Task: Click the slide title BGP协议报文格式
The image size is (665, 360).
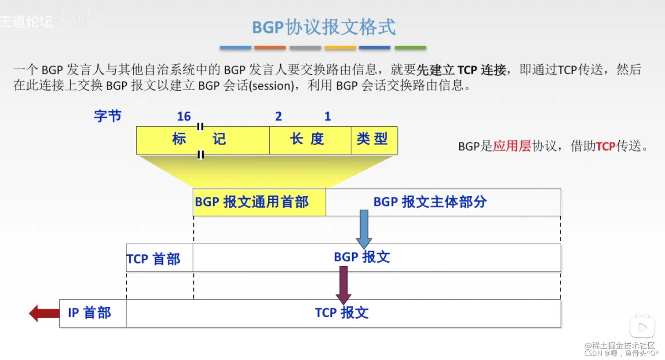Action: [x=324, y=27]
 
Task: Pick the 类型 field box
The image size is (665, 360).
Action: [x=373, y=140]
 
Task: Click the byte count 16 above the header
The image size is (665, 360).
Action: [x=184, y=117]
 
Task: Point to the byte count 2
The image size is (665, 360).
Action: [x=278, y=117]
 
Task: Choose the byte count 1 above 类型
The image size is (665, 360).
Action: [x=328, y=117]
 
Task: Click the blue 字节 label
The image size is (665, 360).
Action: [x=108, y=116]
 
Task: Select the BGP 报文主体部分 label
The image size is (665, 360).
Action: [x=430, y=202]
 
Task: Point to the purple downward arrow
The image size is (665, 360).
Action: [x=343, y=285]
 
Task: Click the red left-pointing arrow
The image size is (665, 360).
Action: [x=44, y=313]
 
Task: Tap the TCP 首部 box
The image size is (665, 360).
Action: [x=159, y=258]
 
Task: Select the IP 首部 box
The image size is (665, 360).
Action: [x=92, y=313]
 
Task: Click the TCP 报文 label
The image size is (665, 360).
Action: [x=342, y=313]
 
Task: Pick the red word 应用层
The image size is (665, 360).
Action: [x=512, y=146]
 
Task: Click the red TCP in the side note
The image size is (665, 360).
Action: [x=606, y=146]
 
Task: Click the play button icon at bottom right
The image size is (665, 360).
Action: [x=642, y=327]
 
